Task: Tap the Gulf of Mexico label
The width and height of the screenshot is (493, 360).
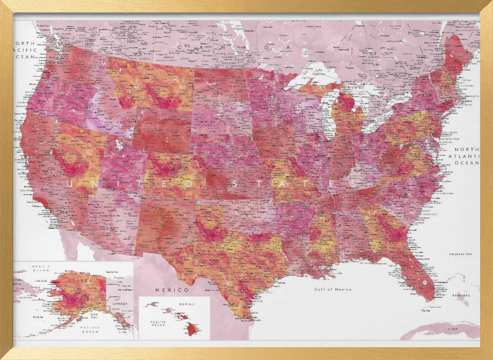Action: (333, 289)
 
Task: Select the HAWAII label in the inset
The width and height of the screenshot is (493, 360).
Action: (187, 304)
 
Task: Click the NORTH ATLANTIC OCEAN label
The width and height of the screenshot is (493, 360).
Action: (466, 156)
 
